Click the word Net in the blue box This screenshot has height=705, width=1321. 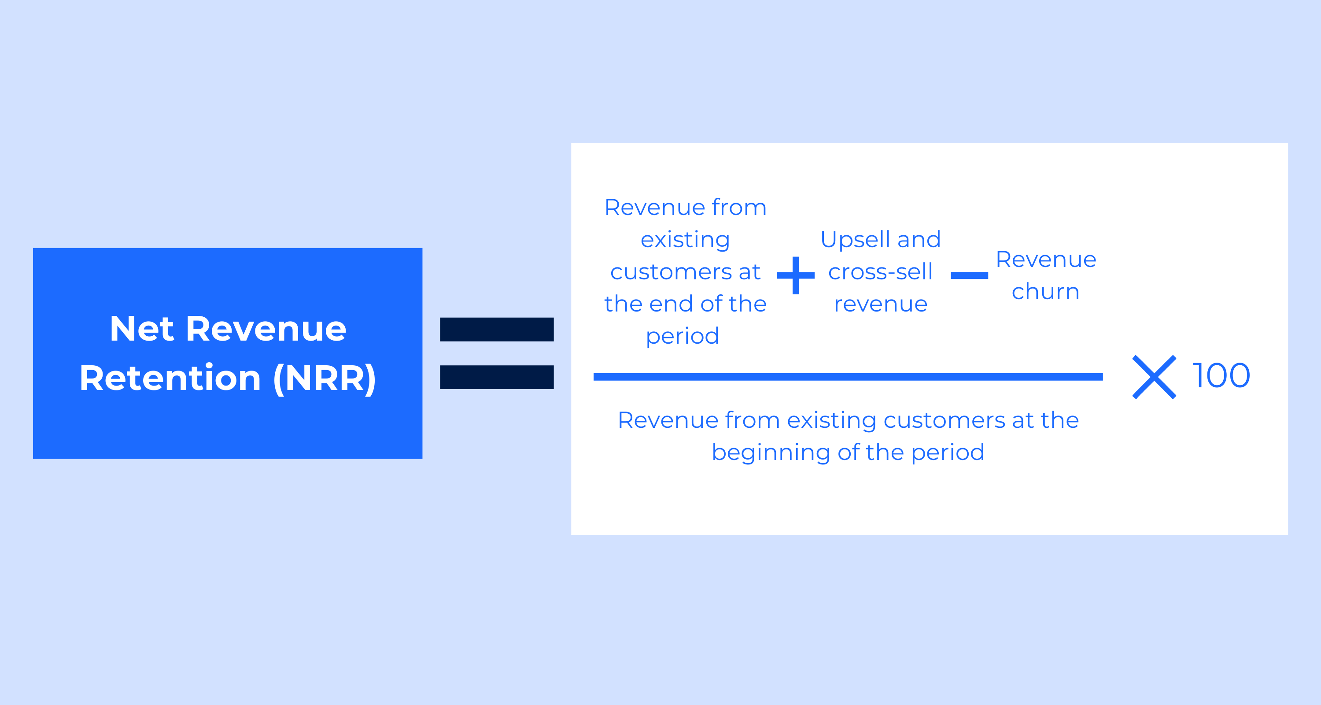coord(141,328)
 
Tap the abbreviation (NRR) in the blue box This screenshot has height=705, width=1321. coord(325,378)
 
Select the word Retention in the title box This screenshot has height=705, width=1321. coord(170,378)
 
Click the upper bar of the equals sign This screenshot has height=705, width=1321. coord(497,330)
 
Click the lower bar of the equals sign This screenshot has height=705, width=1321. coord(497,377)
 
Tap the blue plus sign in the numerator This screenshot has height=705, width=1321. coord(796,275)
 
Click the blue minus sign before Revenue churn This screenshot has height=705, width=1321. coord(969,275)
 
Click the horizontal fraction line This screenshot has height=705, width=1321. coord(848,377)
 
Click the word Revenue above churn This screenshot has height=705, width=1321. coord(1046,260)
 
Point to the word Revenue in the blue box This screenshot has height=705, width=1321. coord(266,328)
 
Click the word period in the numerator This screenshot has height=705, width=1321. coord(682,337)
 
